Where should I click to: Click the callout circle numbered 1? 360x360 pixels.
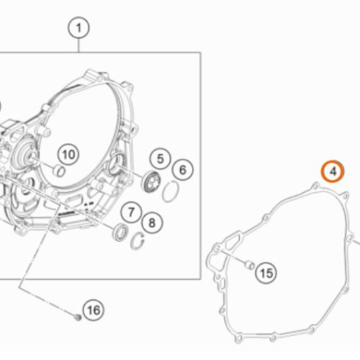(x=78, y=27)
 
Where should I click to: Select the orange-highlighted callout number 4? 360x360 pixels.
(x=333, y=171)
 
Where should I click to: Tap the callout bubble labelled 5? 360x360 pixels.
(x=160, y=158)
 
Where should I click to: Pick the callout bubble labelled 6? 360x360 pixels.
(x=183, y=170)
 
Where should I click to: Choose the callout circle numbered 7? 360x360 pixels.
(x=131, y=212)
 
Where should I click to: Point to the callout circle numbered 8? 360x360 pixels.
(x=152, y=222)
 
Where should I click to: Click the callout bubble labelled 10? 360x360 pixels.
(x=68, y=154)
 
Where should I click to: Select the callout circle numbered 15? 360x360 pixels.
(x=266, y=273)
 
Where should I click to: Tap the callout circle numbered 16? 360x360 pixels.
(x=94, y=310)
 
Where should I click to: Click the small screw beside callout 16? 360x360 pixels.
(x=77, y=318)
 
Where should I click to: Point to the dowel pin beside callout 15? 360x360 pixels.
(x=250, y=265)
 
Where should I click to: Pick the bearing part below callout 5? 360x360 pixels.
(x=151, y=181)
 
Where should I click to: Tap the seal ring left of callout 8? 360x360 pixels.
(x=120, y=233)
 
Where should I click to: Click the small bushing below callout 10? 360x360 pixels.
(x=59, y=171)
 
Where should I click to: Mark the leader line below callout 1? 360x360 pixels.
(x=78, y=45)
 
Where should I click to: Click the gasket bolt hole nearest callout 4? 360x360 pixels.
(x=315, y=186)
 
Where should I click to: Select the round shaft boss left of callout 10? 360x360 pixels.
(x=27, y=154)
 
